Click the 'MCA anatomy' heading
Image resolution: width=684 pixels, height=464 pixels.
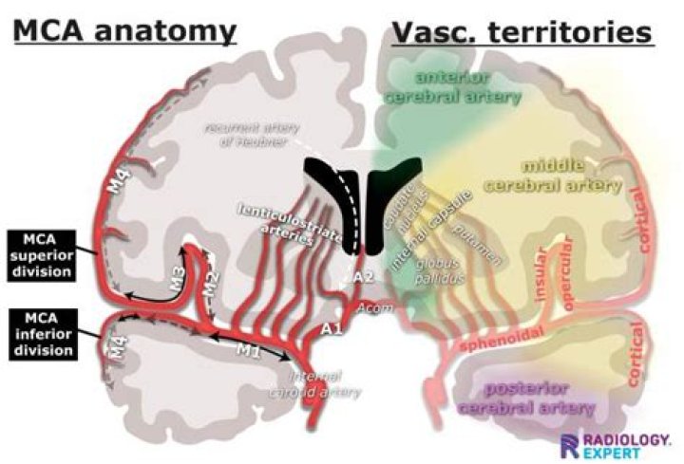tap(124, 30)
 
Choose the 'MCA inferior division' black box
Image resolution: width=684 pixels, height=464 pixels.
tap(39, 333)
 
